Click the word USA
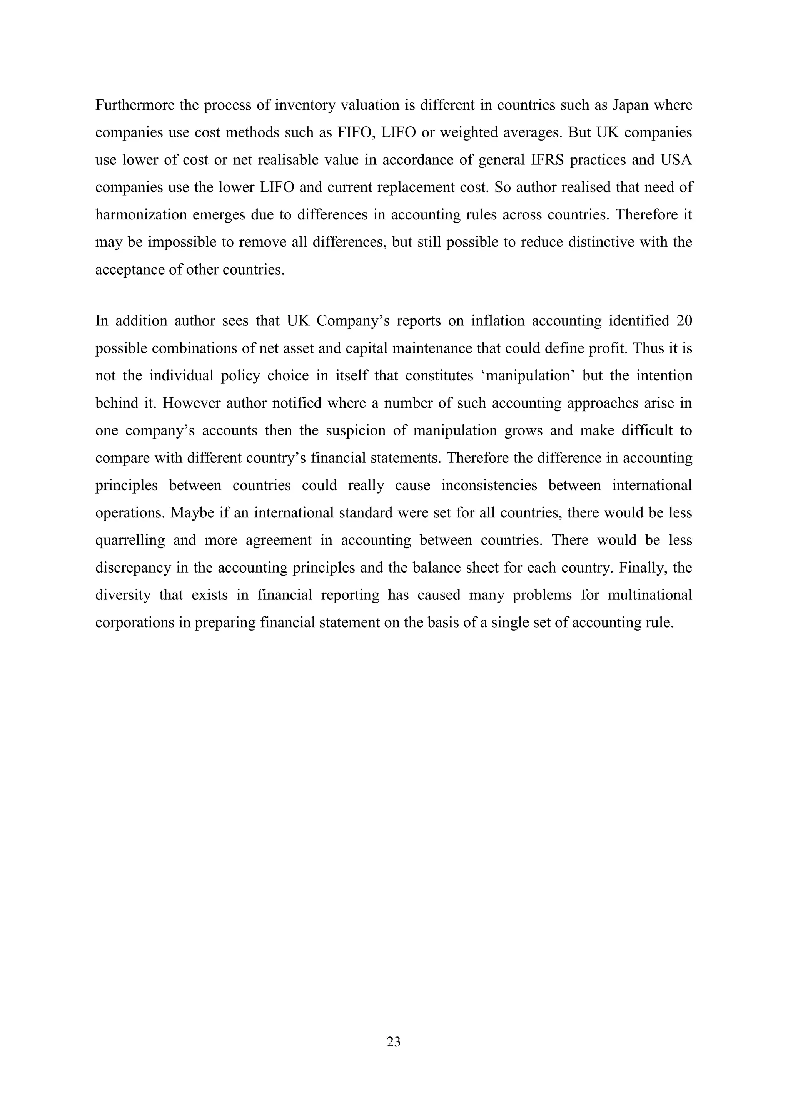click(676, 160)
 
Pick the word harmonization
click(141, 215)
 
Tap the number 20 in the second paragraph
click(684, 321)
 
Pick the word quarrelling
click(130, 541)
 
